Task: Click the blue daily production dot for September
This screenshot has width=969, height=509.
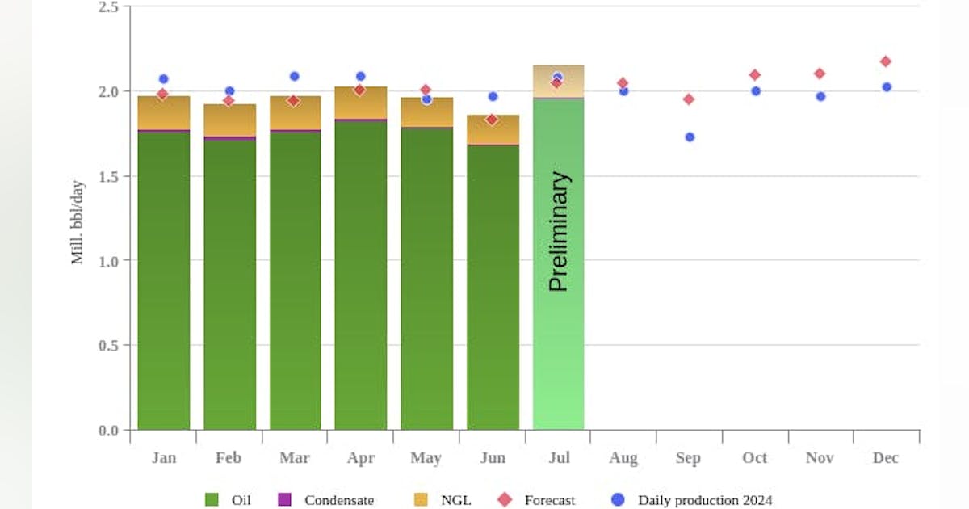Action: point(690,137)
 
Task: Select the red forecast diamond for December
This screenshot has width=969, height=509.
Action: point(886,61)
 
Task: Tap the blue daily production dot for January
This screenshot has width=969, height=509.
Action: point(163,79)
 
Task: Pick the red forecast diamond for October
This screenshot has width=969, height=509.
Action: point(755,75)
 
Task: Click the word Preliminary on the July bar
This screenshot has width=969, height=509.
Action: point(559,231)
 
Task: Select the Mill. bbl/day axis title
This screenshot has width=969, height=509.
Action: point(78,222)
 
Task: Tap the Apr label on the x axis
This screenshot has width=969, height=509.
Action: point(360,458)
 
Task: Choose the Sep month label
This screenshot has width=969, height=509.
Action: point(688,458)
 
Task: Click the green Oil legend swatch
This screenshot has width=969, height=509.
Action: point(212,500)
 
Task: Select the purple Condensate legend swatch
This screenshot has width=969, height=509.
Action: point(284,500)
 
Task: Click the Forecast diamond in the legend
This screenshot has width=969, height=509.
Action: point(505,500)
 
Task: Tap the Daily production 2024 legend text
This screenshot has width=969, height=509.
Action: point(705,500)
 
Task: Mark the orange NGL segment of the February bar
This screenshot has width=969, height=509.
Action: point(229,120)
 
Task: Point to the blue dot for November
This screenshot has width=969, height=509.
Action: point(820,96)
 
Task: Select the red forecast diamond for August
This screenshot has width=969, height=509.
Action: point(623,83)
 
